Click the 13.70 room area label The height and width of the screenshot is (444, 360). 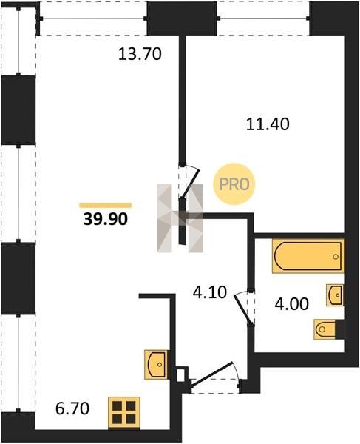(140, 54)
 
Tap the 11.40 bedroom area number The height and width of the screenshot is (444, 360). (268, 124)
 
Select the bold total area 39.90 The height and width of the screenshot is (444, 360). (106, 219)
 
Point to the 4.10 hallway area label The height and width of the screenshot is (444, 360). (210, 292)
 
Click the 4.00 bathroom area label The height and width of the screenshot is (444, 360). (291, 304)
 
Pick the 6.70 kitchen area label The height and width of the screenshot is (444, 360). (72, 408)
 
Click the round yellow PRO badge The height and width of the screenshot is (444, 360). (234, 184)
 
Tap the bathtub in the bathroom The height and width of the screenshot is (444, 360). (308, 256)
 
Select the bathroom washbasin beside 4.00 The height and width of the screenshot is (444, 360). (336, 295)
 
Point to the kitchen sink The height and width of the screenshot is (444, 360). (157, 364)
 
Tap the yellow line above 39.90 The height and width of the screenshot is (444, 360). (106, 205)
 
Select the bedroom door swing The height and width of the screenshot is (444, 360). (190, 181)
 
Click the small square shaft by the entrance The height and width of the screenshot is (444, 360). (180, 374)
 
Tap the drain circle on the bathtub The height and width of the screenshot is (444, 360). (336, 257)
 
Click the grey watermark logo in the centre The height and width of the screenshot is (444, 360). (180, 218)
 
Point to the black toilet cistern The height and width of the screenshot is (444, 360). (340, 329)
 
